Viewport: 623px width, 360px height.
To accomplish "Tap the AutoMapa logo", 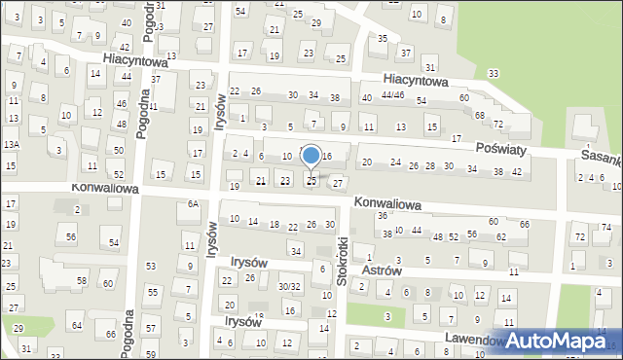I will point(555,340).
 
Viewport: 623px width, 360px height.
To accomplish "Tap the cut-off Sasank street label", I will point(598,156).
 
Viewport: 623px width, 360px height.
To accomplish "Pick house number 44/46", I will point(392,95).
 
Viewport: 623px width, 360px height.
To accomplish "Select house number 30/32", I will point(289,286).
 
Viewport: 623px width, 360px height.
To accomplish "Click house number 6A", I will point(194,203).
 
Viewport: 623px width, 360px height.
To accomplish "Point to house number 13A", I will point(11,144).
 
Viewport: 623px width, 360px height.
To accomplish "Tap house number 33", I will point(495,74).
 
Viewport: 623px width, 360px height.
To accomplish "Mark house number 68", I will point(480,116).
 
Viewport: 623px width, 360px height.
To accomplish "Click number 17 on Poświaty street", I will point(457,139).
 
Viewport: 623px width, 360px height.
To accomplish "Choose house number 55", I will point(153,292).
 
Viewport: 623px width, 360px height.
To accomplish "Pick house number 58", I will point(82,281).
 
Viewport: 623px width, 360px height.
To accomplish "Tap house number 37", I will point(155,79).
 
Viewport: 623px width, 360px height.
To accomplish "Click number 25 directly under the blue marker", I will point(311,180).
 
